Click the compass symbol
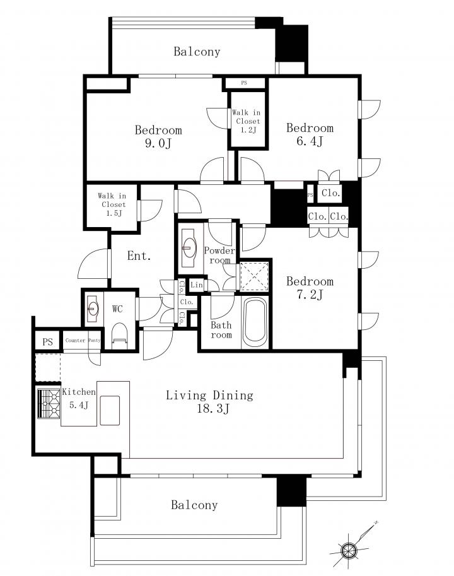pos(349,550)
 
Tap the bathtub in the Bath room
pos(255,322)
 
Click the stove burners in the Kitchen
pos(49,403)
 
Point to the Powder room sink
pos(189,247)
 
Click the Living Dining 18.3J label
pos(210,401)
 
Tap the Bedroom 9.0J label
pos(158,136)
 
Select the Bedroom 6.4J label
pos(310,134)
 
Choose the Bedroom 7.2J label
pos(310,288)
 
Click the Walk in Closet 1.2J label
pos(247,121)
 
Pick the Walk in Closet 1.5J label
pos(113,204)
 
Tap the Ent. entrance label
pos(139,256)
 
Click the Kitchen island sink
pos(110,410)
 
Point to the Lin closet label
pos(197,285)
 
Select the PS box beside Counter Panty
pos(48,342)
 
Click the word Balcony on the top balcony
pos(197,52)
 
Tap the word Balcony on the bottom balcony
pos(194,505)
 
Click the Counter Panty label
pos(83,340)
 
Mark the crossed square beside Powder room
pos(254,276)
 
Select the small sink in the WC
pos(93,309)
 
